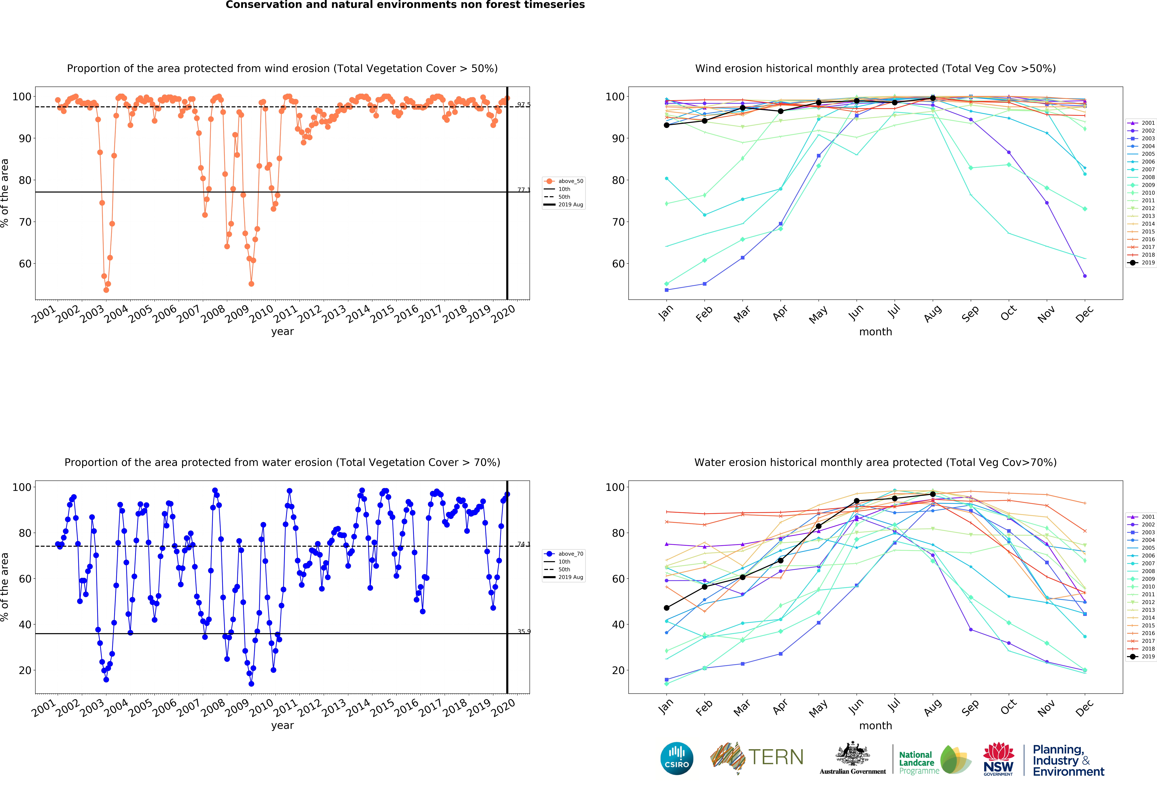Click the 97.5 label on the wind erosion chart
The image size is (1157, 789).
point(523,105)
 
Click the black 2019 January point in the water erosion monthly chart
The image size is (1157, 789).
point(667,608)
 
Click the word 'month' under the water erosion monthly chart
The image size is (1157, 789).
point(875,726)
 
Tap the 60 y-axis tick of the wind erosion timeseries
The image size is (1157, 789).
point(25,264)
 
